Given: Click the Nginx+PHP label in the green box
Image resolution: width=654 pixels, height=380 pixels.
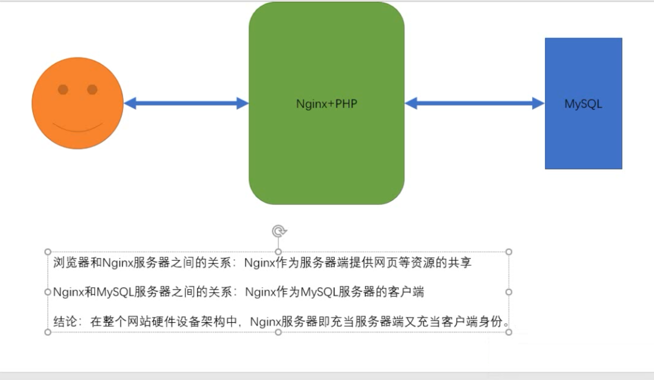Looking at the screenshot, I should click(x=327, y=103).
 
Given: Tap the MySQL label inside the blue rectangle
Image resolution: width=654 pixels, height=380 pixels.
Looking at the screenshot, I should click(x=583, y=103).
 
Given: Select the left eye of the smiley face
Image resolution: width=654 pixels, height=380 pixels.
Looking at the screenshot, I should click(x=63, y=90).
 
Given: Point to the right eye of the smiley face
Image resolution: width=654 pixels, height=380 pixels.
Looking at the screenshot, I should click(x=92, y=90).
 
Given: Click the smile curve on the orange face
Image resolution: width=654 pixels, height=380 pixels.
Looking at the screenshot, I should click(x=78, y=128).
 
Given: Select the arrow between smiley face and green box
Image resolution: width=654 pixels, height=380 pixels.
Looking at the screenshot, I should click(x=186, y=103).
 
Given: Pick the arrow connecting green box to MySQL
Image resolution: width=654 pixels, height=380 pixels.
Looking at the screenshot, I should click(x=475, y=103).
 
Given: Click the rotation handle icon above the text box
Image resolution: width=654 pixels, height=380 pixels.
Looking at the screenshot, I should click(x=278, y=231).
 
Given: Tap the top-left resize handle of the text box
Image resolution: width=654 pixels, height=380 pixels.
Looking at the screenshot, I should click(x=48, y=252).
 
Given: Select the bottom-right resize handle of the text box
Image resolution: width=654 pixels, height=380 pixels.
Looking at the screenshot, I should click(x=509, y=332).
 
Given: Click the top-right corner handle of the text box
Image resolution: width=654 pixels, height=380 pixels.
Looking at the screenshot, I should click(x=509, y=252).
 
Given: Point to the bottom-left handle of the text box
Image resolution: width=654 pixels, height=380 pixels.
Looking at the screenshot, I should click(x=48, y=332).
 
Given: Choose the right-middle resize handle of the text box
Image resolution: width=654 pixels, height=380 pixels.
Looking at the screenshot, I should click(x=509, y=292).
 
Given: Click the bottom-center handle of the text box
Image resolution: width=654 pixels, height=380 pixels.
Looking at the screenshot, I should click(x=278, y=332).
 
